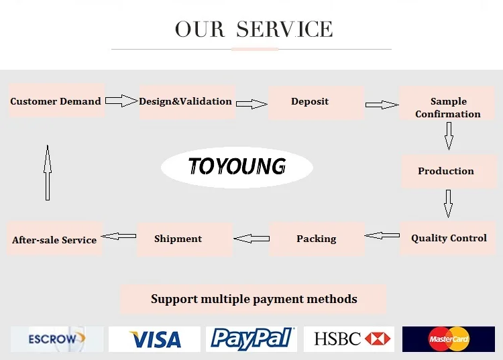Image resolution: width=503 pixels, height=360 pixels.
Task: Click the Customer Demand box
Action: [56, 101]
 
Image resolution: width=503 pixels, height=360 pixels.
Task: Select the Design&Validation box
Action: [186, 102]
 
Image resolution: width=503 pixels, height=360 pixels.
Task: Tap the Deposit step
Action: [311, 102]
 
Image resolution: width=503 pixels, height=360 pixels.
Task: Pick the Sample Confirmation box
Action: [447, 107]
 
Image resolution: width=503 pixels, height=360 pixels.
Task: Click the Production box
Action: [446, 171]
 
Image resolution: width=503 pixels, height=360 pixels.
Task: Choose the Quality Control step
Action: [449, 238]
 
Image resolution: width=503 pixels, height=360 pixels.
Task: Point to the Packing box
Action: [317, 239]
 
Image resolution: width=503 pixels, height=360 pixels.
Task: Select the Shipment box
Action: [178, 239]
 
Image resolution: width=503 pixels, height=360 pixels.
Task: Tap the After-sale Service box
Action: [54, 239]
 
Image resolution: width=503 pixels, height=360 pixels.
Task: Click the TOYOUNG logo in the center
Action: [237, 166]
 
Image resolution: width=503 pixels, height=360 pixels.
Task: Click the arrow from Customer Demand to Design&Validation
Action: [121, 101]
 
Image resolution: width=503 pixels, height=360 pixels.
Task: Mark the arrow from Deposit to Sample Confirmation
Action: [382, 105]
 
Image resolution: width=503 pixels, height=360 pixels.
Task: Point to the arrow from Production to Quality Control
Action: [448, 203]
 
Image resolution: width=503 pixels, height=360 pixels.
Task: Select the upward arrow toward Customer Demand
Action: [47, 173]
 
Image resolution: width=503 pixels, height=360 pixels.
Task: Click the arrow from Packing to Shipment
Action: [251, 237]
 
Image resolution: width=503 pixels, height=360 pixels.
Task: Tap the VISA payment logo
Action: [154, 339]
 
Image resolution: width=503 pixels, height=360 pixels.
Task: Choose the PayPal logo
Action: [251, 339]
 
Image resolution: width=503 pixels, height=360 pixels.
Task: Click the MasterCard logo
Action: [449, 339]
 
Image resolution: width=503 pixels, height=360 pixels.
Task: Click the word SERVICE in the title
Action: [284, 29]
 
